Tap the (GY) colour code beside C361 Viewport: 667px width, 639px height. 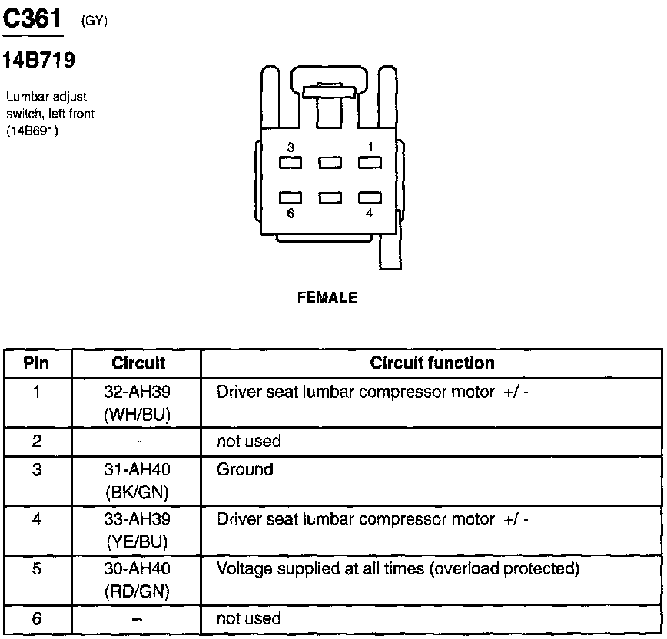point(94,22)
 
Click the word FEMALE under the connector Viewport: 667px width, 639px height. point(327,298)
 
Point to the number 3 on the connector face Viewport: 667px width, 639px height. point(290,147)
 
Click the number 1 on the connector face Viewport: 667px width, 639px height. point(369,147)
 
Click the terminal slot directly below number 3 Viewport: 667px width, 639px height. point(290,163)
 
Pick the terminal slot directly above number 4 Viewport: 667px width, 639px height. point(370,198)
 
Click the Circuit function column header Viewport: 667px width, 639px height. point(432,363)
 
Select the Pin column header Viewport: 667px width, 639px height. point(36,363)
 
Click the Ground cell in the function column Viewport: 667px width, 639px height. point(245,468)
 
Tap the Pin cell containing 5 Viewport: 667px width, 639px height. point(36,569)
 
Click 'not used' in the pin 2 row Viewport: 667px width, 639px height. point(249,442)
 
